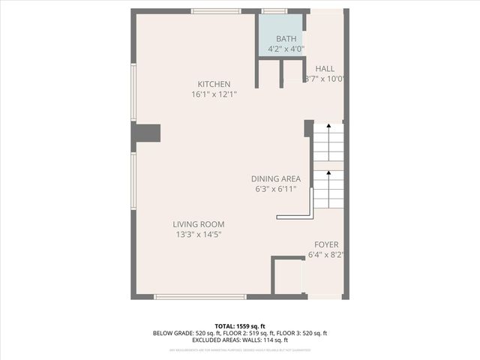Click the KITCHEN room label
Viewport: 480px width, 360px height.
(x=214, y=84)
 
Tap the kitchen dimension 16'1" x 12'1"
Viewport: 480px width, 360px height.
(x=214, y=94)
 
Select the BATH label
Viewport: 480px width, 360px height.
(x=286, y=39)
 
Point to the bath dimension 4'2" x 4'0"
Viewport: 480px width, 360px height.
(x=286, y=49)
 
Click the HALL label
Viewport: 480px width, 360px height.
(x=325, y=68)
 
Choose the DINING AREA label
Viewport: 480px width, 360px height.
(x=275, y=178)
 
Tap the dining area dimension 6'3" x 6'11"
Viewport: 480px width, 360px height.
(x=275, y=189)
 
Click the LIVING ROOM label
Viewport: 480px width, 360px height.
(x=198, y=224)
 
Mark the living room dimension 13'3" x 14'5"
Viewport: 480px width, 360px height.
(x=198, y=235)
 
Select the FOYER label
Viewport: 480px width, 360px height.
(x=326, y=244)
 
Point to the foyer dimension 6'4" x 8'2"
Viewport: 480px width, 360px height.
(x=326, y=255)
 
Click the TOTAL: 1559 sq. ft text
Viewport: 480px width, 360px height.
(x=240, y=326)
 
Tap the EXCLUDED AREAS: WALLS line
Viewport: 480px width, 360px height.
(x=240, y=340)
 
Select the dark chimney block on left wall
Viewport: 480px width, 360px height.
(x=147, y=133)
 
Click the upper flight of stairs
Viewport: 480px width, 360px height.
(x=328, y=142)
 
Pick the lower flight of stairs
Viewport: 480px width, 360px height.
(x=328, y=189)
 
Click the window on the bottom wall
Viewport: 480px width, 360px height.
(x=194, y=297)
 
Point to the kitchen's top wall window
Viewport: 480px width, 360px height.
(x=215, y=11)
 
